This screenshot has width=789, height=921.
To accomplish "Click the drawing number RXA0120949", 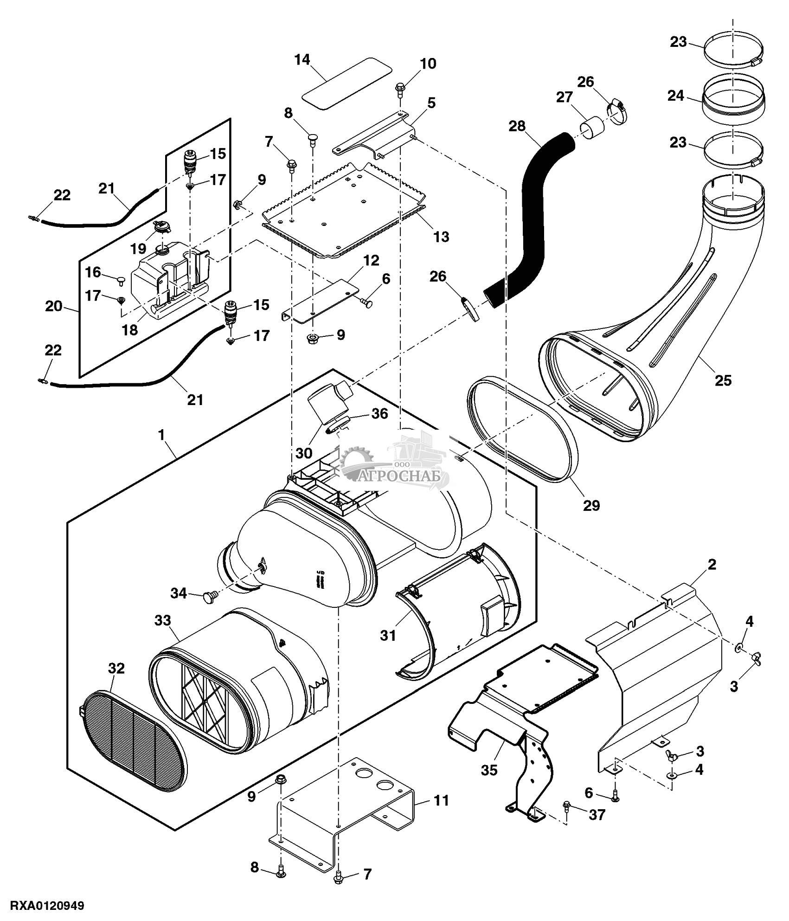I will click(42, 905).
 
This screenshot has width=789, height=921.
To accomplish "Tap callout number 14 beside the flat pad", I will click(302, 60).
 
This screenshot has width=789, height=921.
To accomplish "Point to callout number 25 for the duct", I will click(723, 380).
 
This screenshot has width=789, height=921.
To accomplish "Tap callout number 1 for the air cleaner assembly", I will click(162, 435).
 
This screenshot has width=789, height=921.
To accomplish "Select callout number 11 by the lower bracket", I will click(441, 800).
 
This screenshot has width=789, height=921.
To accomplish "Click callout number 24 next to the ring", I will click(676, 96).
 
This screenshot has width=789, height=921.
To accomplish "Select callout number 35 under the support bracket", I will click(489, 770).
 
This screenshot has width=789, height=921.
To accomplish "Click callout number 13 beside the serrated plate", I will click(441, 237).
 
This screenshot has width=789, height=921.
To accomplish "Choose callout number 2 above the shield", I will click(712, 565).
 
